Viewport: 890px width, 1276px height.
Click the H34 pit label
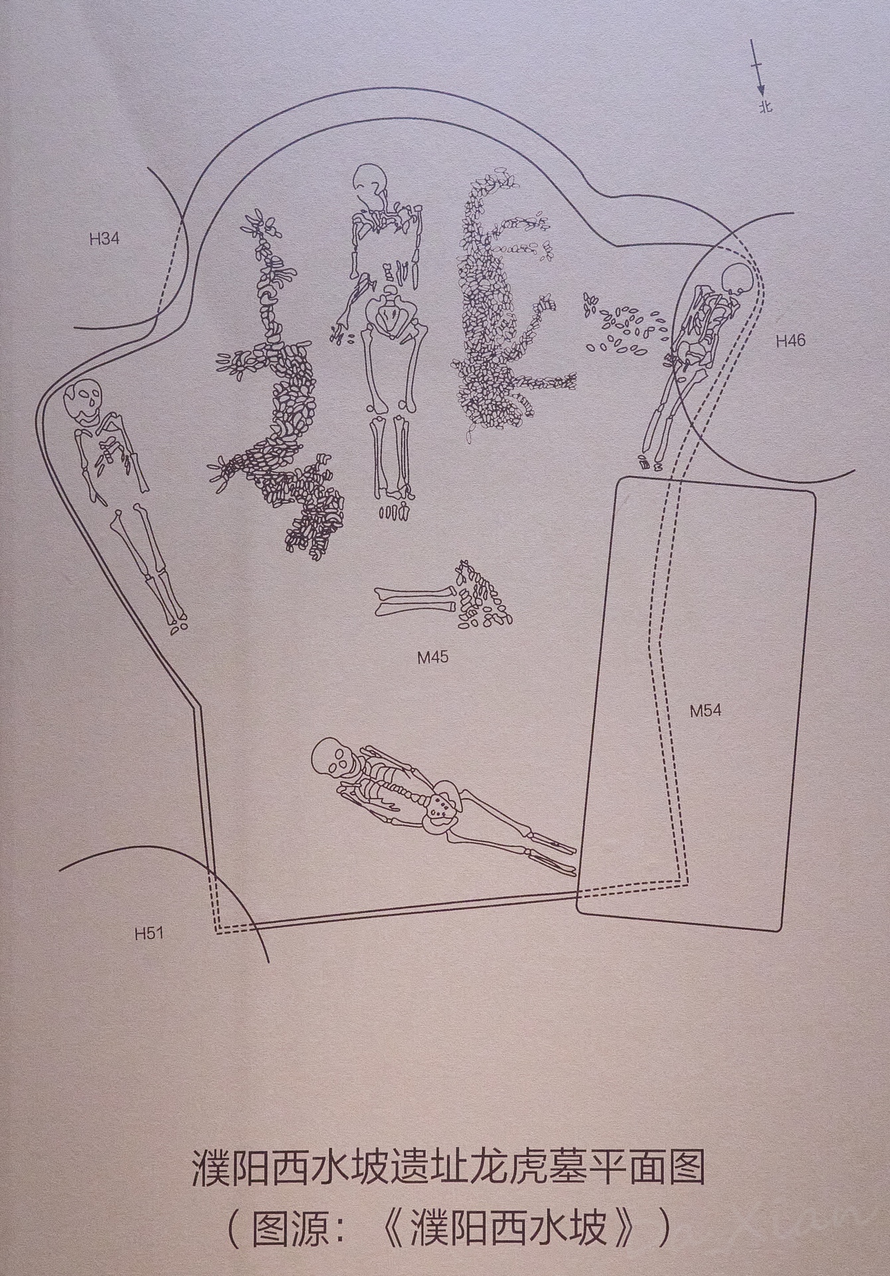[104, 239]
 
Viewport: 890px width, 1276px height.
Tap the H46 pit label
[790, 341]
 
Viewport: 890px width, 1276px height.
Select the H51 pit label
[149, 933]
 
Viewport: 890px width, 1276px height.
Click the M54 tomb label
[705, 711]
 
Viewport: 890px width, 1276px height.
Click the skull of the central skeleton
[370, 181]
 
